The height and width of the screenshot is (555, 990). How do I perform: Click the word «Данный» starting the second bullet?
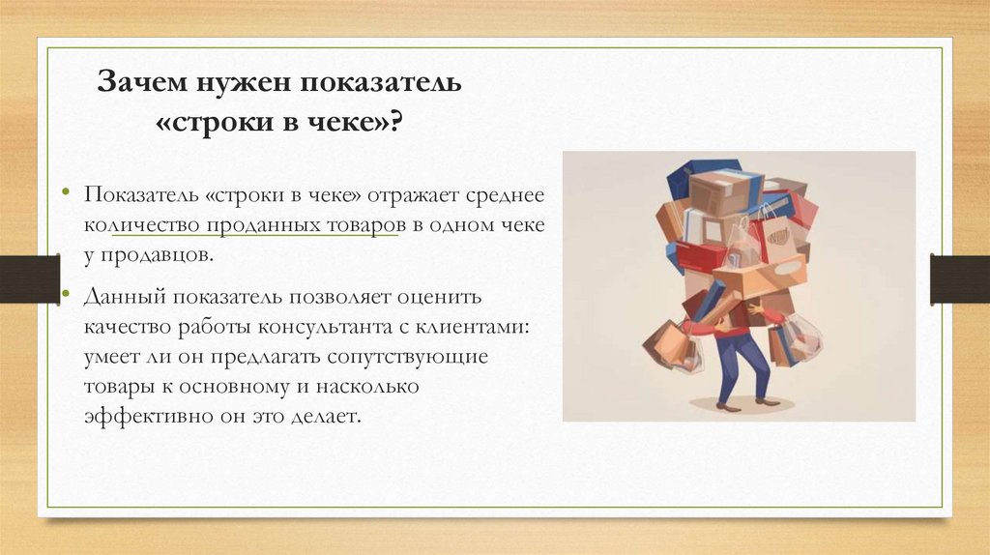point(120,296)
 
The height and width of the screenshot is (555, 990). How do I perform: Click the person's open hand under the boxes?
point(757,308)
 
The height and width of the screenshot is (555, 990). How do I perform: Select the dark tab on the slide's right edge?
point(959,278)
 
